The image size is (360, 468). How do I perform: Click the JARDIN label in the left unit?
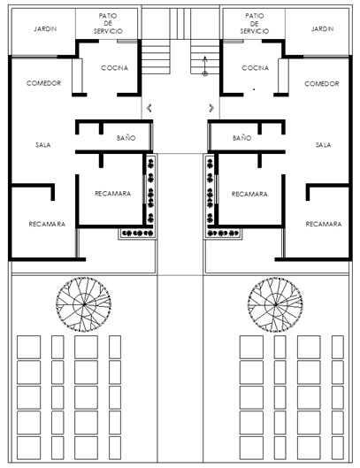(45, 29)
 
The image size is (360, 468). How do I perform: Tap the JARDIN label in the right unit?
(322, 28)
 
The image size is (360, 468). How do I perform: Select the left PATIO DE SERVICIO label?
(108, 23)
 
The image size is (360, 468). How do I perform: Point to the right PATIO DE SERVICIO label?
(255, 23)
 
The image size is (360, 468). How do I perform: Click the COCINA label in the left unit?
(115, 68)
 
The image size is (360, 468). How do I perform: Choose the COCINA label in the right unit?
(256, 68)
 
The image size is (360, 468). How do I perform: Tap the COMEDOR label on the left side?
(43, 83)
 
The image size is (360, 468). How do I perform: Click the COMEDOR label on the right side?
(322, 83)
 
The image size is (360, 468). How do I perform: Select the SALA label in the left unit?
(43, 145)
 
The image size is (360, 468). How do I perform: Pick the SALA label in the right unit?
(323, 145)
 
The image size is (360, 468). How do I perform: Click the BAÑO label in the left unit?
(126, 138)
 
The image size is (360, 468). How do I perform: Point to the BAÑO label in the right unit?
(242, 138)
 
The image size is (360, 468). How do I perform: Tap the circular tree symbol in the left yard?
(83, 304)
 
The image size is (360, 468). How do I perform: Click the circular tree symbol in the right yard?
(275, 304)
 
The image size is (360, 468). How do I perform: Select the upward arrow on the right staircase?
(205, 65)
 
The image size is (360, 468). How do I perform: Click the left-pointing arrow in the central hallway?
(149, 108)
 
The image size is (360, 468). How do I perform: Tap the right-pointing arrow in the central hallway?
(211, 108)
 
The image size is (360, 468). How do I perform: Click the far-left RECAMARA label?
(47, 224)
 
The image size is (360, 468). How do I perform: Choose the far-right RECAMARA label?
(324, 224)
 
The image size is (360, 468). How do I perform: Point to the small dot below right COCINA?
(254, 89)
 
